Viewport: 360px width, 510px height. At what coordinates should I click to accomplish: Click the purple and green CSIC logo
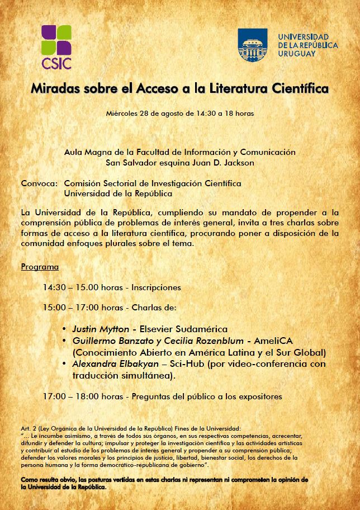56,46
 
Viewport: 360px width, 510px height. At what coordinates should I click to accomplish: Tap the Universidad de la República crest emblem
253,45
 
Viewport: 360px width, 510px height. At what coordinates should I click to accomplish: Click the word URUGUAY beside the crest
297,54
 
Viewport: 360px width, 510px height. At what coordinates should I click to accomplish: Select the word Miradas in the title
51,88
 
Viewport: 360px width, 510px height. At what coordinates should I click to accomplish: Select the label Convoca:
39,183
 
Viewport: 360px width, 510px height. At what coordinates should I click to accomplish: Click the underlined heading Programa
40,267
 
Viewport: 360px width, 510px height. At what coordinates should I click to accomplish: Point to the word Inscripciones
156,287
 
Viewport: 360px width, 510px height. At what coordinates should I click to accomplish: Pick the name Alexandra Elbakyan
109,364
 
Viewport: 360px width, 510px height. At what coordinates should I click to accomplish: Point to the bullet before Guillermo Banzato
65,341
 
